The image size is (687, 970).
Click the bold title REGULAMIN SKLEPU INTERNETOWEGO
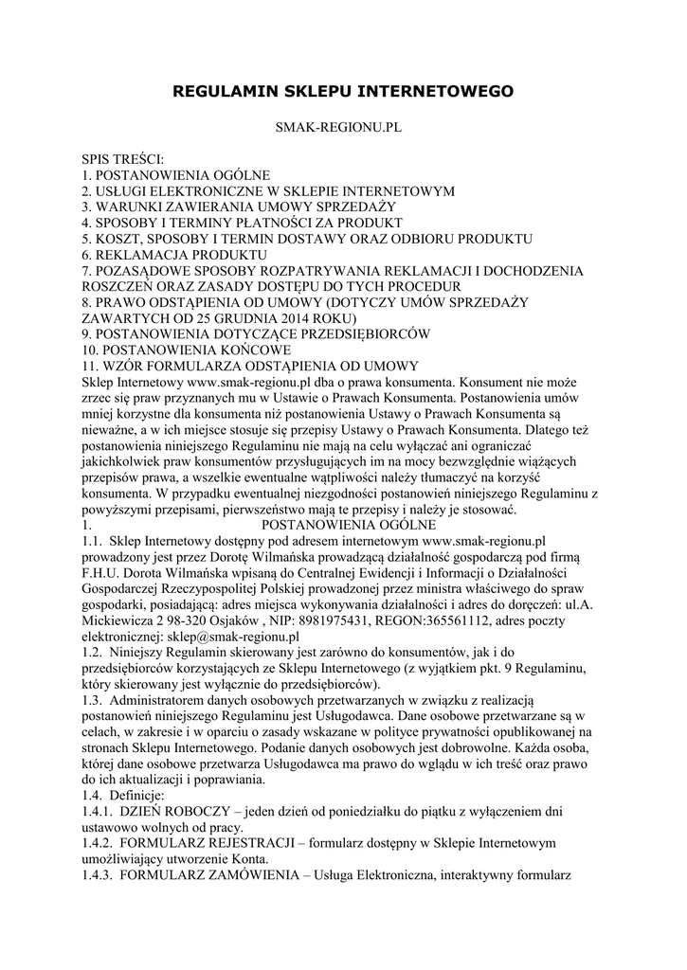343,92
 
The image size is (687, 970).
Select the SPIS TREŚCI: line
123,159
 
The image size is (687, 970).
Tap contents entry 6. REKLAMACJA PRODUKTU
174,254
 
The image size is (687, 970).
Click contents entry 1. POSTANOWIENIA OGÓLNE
176,174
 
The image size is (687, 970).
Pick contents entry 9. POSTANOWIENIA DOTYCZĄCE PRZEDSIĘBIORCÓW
257,333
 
